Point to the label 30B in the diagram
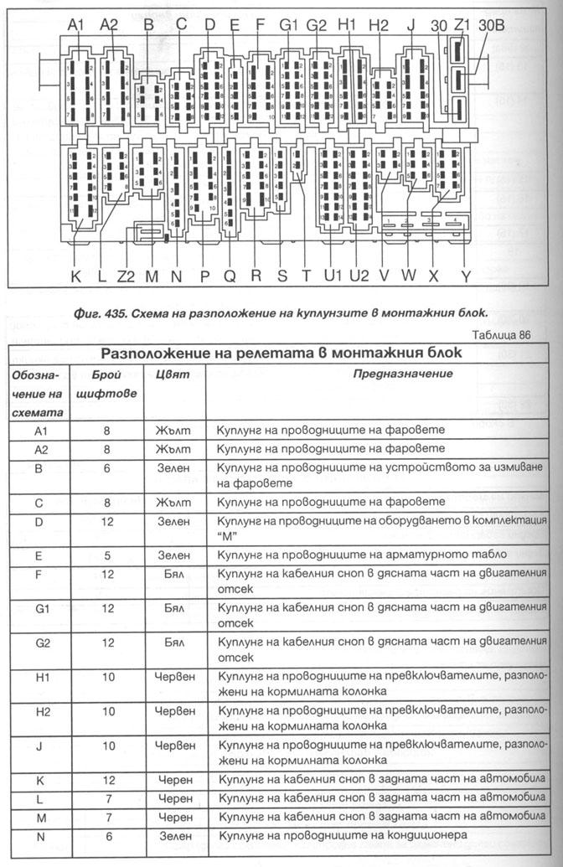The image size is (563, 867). point(492,26)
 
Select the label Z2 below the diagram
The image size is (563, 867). point(127,275)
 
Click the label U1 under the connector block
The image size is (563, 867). point(334,275)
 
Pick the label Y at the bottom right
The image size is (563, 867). point(466,275)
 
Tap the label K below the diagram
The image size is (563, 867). point(76,275)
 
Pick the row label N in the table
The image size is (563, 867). point(40,835)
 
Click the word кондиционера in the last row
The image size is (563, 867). point(426,835)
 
